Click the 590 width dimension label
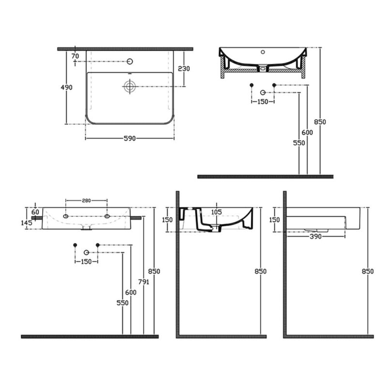(130, 138)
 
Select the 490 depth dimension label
(67, 88)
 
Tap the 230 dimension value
(184, 68)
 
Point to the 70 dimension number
(75, 56)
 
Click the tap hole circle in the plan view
(130, 61)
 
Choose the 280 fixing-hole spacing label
(87, 201)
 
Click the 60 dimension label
(35, 212)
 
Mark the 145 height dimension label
(27, 223)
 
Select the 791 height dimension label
(144, 282)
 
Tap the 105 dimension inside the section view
(216, 212)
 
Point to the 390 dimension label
(316, 237)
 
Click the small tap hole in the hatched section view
(263, 52)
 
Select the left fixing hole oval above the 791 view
(66, 216)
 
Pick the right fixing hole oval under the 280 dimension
(107, 216)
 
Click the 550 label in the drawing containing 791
(123, 303)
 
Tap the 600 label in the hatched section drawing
(307, 133)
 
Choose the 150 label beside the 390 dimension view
(274, 220)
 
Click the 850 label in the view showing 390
(368, 271)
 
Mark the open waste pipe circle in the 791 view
(86, 252)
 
